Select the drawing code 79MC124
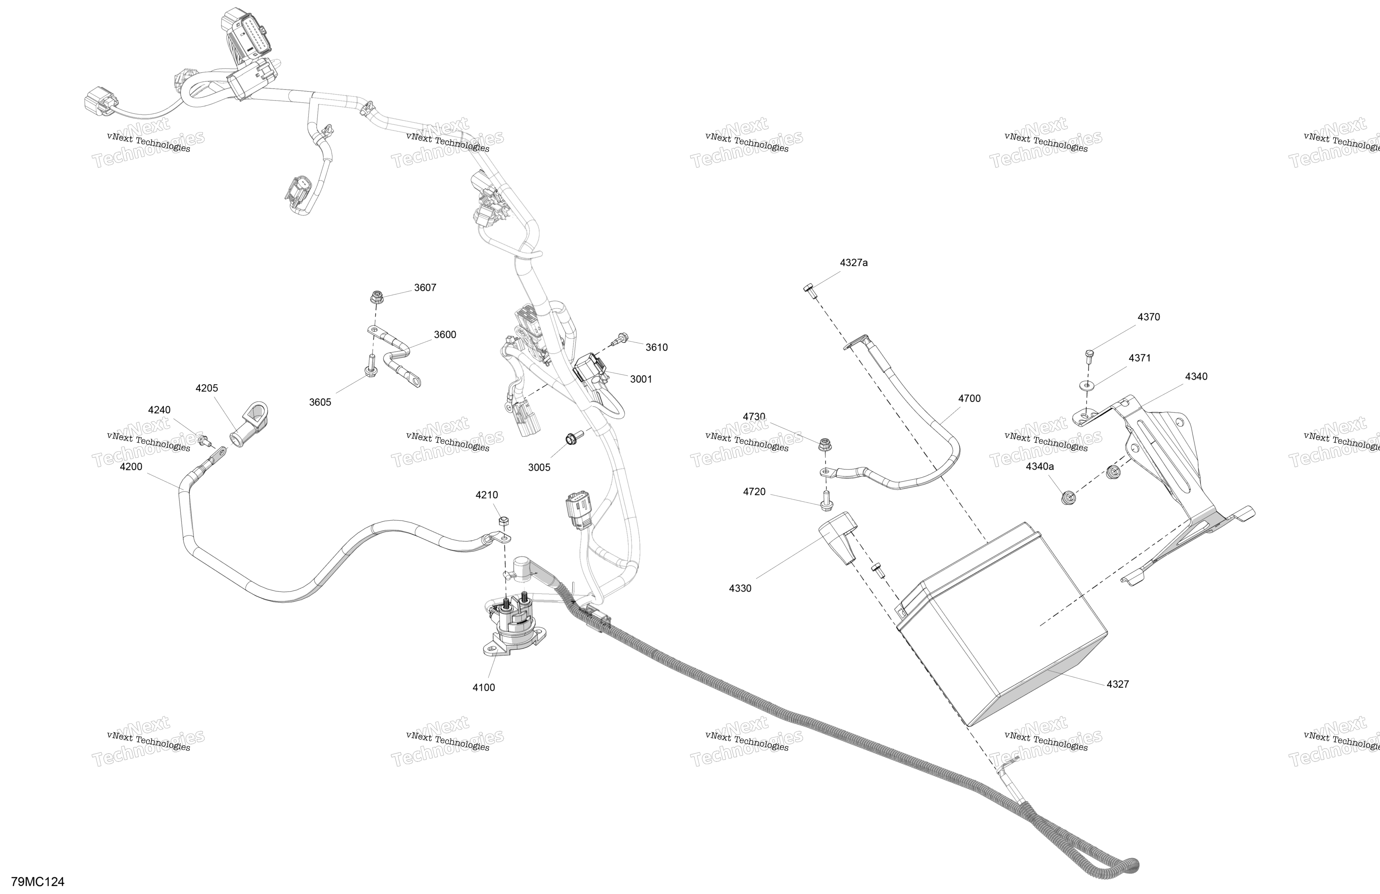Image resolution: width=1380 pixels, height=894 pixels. (x=38, y=882)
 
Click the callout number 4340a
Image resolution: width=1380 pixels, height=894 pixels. (x=1040, y=466)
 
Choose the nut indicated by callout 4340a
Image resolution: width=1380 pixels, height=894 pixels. (x=1066, y=497)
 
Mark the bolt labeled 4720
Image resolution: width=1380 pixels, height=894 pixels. (x=826, y=501)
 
